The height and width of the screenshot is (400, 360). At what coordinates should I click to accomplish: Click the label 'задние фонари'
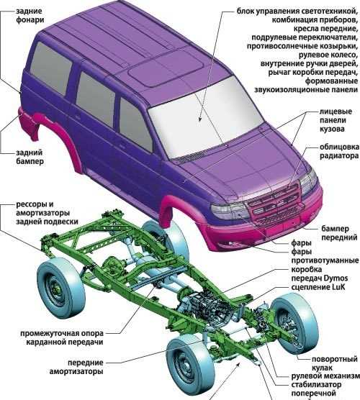pyautogui.click(x=30, y=16)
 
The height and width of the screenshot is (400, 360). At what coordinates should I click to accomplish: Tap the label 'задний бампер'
pyautogui.click(x=30, y=157)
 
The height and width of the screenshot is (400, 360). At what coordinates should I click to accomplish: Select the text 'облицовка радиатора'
pyautogui.click(x=339, y=151)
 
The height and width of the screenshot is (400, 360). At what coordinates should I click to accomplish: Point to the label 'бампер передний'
pyautogui.click(x=339, y=233)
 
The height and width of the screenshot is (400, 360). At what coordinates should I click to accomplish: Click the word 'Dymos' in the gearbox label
pyautogui.click(x=336, y=278)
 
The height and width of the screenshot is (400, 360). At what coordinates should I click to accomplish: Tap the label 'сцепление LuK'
pyautogui.click(x=318, y=287)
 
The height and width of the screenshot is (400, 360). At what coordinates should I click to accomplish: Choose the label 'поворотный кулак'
pyautogui.click(x=334, y=363)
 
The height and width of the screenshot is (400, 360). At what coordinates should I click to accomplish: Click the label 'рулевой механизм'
pyautogui.click(x=325, y=376)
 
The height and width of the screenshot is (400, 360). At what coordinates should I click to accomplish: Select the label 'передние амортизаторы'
pyautogui.click(x=76, y=367)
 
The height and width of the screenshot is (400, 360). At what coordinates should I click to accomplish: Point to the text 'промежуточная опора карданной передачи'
pyautogui.click(x=62, y=337)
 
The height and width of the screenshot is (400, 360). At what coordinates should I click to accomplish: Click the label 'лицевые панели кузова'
pyautogui.click(x=336, y=120)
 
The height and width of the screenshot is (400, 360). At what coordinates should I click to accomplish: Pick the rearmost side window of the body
pyautogui.click(x=50, y=67)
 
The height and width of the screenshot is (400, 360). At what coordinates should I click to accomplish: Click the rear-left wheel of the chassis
pyautogui.click(x=60, y=288)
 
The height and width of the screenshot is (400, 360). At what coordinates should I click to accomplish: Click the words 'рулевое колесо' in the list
pyautogui.click(x=328, y=55)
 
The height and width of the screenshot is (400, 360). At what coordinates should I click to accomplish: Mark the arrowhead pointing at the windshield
pyautogui.click(x=200, y=118)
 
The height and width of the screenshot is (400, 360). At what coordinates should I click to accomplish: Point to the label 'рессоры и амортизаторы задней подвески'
pyautogui.click(x=47, y=213)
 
